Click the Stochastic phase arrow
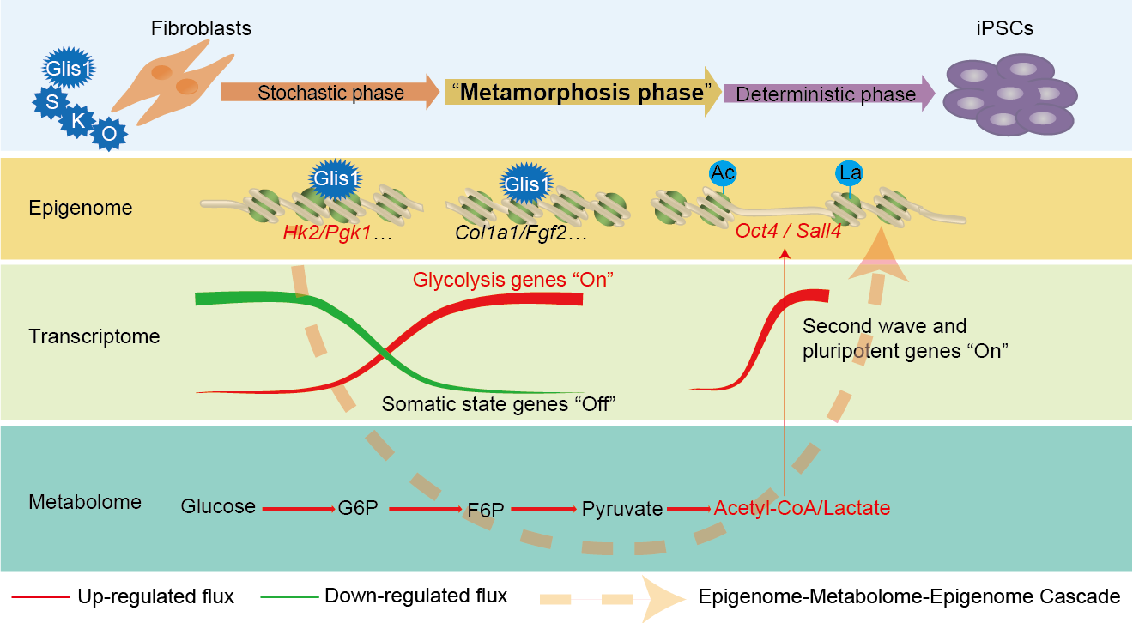330,92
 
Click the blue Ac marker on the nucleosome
724,172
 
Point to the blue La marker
850,173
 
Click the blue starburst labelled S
51,101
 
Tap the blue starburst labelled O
109,134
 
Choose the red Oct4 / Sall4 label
786,233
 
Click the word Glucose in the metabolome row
218,506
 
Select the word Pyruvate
622,508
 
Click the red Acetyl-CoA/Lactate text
802,508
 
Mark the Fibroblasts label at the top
200,27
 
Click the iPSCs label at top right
1000,27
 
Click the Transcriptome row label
94,336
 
